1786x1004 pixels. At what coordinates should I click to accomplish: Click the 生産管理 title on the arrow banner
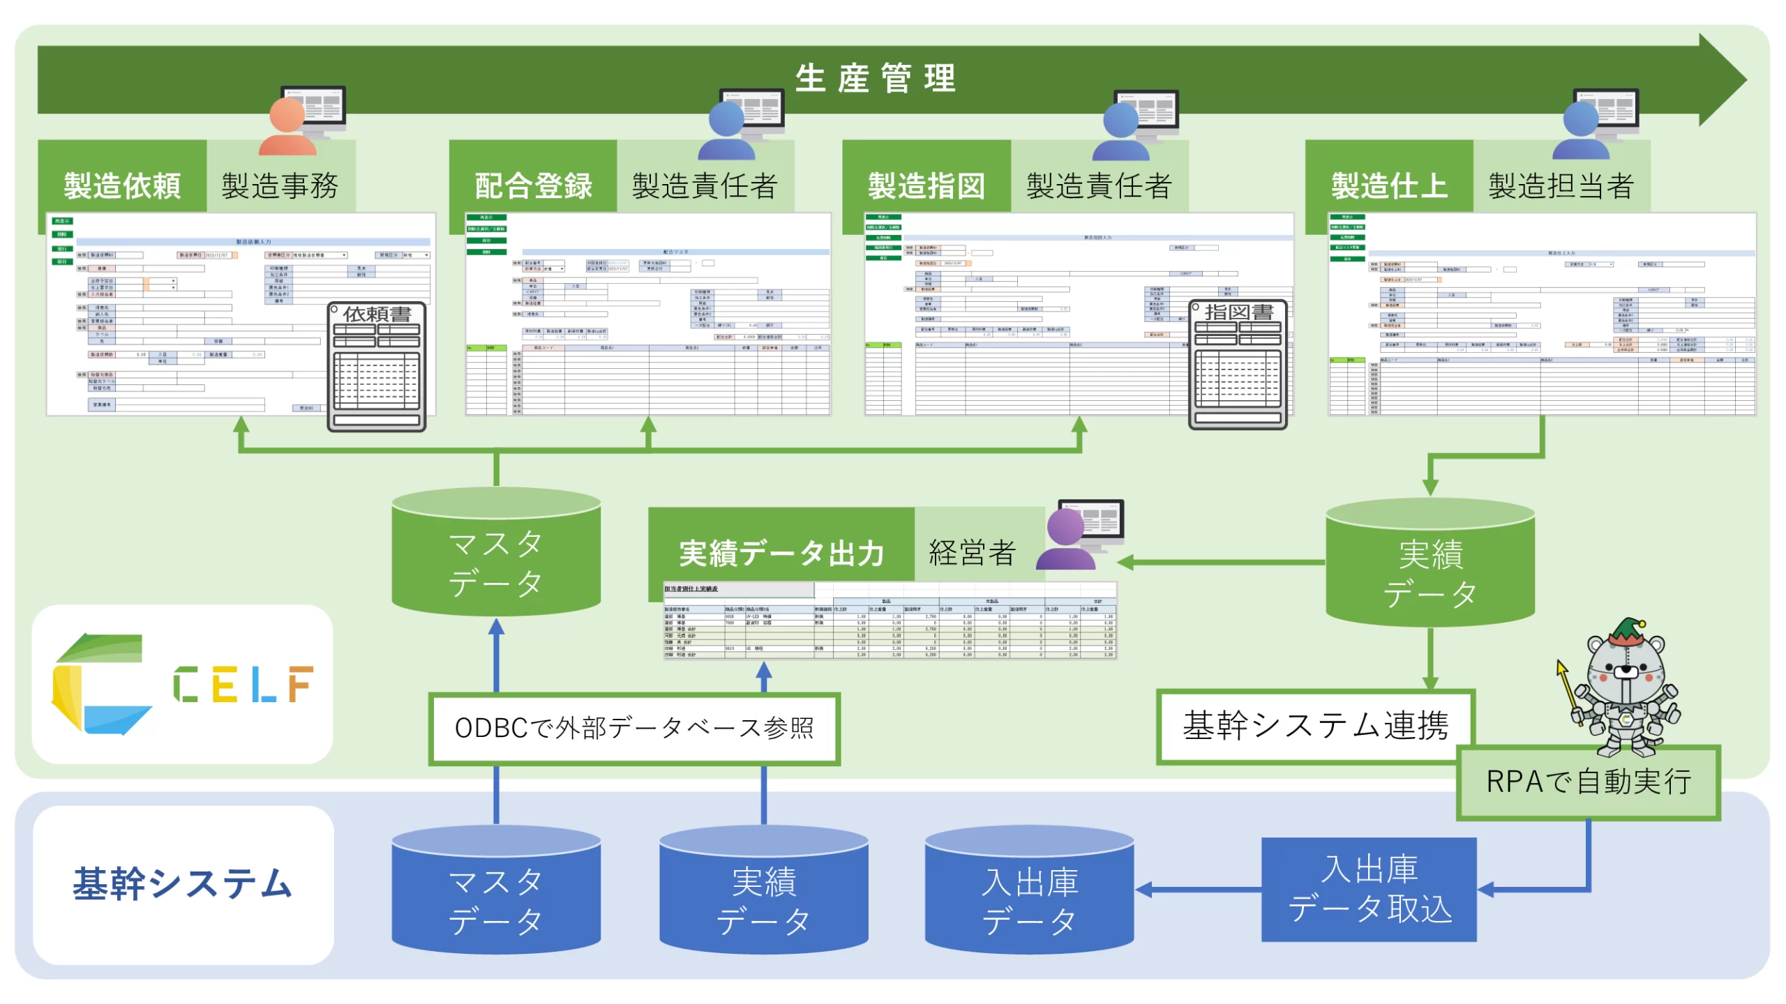[x=875, y=78]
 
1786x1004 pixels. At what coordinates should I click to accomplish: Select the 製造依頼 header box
[x=123, y=185]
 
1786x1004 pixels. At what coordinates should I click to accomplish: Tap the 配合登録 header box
[x=534, y=185]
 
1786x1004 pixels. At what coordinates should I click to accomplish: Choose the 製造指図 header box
[x=926, y=185]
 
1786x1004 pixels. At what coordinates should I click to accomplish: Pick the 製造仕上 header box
[x=1389, y=185]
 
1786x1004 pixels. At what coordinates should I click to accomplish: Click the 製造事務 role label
[x=280, y=185]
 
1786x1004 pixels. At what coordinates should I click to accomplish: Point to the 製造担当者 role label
[x=1561, y=185]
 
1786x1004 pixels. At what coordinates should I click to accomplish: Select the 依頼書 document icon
[x=377, y=365]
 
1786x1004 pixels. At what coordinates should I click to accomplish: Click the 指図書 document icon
[x=1238, y=364]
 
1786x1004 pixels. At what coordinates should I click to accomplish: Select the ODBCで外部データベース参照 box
[x=634, y=728]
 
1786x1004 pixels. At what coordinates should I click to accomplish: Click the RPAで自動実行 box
[x=1589, y=782]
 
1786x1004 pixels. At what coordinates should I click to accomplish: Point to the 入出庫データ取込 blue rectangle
[x=1369, y=889]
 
